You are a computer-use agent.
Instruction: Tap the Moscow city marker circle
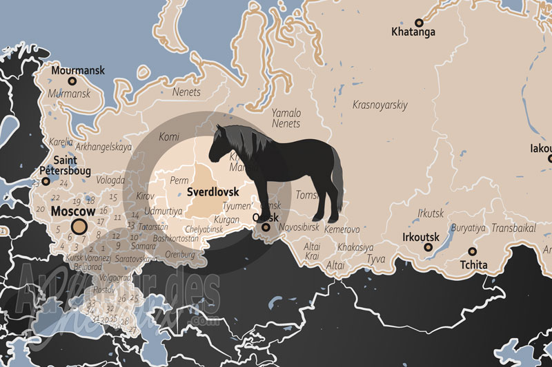(x=79, y=228)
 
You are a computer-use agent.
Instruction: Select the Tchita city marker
(x=473, y=252)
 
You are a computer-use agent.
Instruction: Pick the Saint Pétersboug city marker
(x=46, y=182)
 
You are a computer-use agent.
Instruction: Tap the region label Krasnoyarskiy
(x=380, y=105)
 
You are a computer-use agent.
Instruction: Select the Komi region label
(x=169, y=137)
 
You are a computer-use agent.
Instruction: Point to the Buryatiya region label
(x=468, y=227)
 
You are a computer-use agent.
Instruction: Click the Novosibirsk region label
(x=299, y=227)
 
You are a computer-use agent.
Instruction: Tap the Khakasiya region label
(x=356, y=247)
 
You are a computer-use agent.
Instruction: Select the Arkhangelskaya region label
(x=103, y=147)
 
